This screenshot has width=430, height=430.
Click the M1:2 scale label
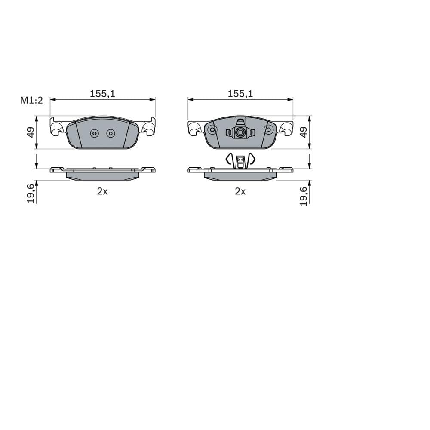pos(31,100)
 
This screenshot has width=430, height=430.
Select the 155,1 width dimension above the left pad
pos(102,93)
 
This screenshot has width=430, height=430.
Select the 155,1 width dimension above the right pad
pos(240,93)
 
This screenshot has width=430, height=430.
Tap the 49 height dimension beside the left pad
pos(31,132)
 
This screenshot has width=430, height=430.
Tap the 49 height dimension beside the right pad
pos(304,132)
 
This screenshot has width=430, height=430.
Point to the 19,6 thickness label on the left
pos(31,193)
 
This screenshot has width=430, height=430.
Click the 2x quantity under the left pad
pos(102,192)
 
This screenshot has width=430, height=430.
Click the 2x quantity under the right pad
pos(240,192)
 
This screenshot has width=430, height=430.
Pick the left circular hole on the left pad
pos(95,134)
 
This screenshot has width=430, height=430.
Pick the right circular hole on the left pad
pos(111,134)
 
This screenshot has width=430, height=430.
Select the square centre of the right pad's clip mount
pos(240,133)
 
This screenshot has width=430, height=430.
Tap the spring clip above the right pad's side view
pos(240,160)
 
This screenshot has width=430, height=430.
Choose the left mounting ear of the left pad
pos(57,127)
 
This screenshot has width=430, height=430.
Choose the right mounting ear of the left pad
pos(149,127)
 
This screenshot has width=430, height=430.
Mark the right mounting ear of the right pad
pos(287,128)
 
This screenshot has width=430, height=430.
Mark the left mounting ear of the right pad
pos(194,128)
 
